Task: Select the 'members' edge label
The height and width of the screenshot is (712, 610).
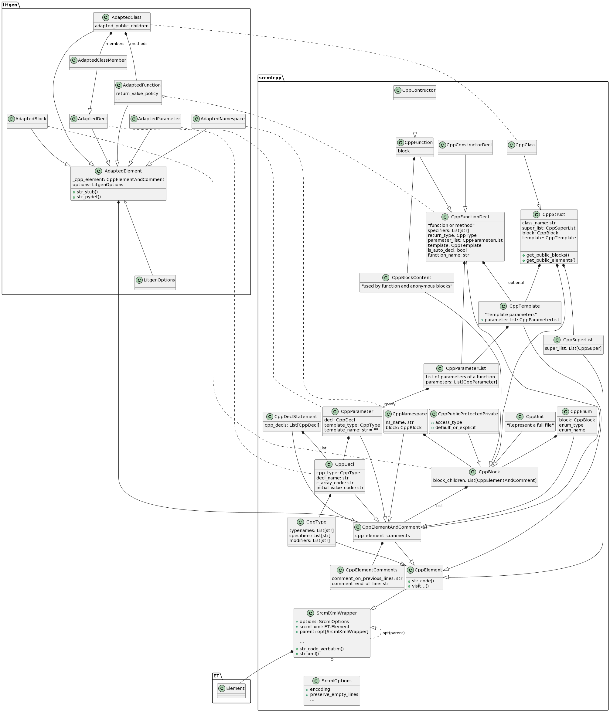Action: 115,44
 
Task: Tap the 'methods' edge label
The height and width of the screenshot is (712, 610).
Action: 138,44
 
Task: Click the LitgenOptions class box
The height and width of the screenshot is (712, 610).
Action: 155,282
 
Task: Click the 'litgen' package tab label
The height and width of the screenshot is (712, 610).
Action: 10,5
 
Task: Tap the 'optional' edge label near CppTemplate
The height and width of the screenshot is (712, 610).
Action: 516,282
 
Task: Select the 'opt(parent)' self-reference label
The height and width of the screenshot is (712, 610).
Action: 393,633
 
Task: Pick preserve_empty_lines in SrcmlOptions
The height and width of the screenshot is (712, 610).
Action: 334,694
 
